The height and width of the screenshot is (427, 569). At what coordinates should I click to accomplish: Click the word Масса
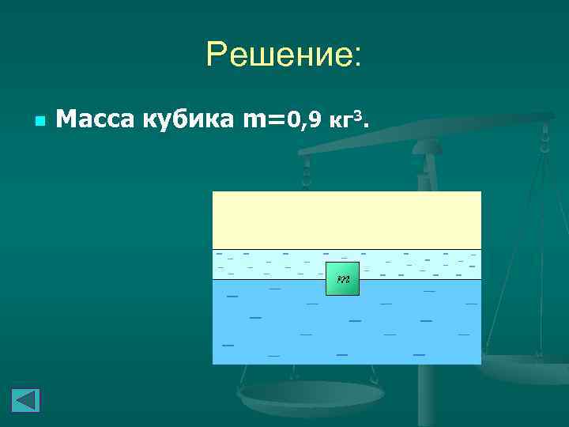(96, 119)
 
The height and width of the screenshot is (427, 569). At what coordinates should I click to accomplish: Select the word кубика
(187, 119)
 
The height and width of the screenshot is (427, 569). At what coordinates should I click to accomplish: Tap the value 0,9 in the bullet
(303, 120)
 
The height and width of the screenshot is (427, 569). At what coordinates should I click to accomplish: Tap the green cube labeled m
(343, 278)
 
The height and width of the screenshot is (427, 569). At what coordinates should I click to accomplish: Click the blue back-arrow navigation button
(25, 400)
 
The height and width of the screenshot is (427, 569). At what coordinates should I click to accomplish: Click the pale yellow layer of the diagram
(346, 220)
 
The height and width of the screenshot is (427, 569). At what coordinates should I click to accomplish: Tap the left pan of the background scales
(311, 395)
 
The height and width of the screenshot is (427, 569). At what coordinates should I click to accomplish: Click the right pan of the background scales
(526, 368)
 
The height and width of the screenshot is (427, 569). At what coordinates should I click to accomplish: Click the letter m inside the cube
(343, 280)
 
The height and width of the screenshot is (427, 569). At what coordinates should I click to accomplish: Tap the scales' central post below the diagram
(427, 395)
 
